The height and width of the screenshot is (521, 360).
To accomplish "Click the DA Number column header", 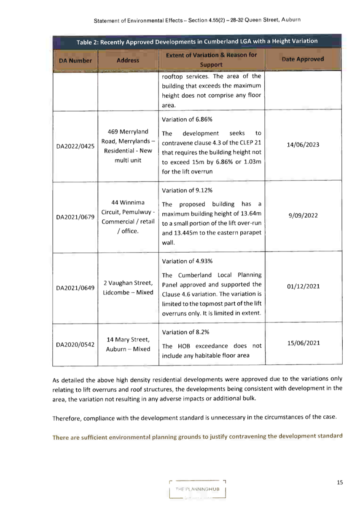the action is [x=75, y=61].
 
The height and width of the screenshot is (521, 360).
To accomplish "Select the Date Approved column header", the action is [x=303, y=59].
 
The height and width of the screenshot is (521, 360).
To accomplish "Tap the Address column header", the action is [x=128, y=61].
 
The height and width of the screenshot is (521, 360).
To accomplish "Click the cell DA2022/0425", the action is [x=75, y=146].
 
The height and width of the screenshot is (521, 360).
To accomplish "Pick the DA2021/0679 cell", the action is [x=75, y=217].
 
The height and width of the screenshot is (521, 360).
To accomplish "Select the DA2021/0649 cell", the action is [x=75, y=288].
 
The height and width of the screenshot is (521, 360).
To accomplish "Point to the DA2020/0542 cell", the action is [x=75, y=345].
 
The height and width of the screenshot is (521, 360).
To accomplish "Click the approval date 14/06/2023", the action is [x=303, y=144].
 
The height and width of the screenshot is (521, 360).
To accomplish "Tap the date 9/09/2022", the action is [x=303, y=215].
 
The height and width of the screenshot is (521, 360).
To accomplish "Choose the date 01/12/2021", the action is [x=303, y=286].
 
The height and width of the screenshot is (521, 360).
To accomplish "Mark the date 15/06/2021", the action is [x=304, y=343].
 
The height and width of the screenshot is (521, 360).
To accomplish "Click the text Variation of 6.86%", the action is [x=187, y=120].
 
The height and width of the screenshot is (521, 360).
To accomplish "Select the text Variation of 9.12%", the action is [x=187, y=190].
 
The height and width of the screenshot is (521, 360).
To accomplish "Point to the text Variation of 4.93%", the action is [x=187, y=261].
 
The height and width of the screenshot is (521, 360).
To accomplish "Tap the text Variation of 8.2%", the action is [x=185, y=332].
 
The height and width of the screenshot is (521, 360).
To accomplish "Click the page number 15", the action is [x=340, y=482].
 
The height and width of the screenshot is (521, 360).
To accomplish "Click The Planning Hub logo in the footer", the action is [x=197, y=489].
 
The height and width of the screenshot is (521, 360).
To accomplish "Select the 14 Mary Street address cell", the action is [x=128, y=345].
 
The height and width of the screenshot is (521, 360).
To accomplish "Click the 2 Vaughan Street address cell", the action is [x=128, y=288].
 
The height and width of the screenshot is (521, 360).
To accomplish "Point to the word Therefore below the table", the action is [x=67, y=419].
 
